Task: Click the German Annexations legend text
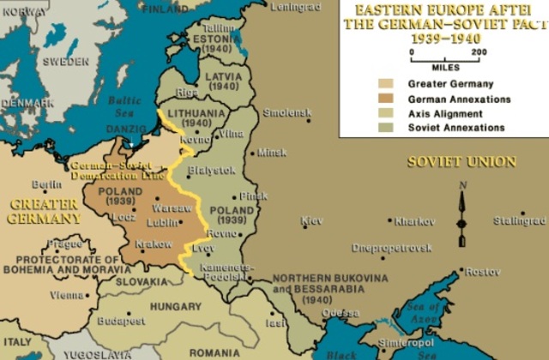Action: (459, 99)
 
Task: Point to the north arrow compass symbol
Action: (462, 215)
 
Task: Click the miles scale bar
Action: (445, 58)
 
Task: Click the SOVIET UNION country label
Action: (462, 161)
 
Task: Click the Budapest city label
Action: (120, 321)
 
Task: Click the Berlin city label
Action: (46, 184)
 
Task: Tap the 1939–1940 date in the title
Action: (444, 39)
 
